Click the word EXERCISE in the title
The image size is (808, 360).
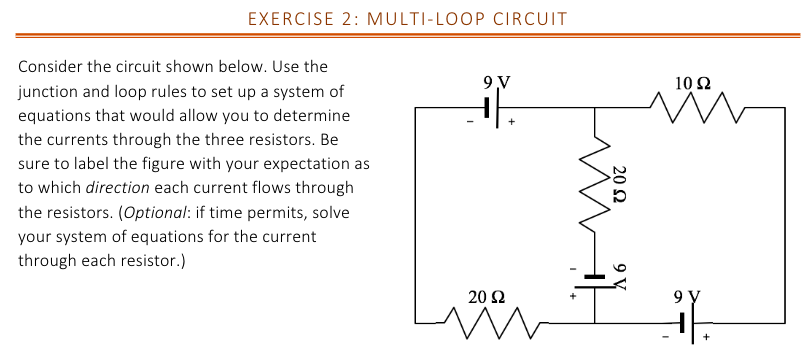285,19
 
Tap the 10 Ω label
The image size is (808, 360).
692,82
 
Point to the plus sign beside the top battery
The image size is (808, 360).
512,124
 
